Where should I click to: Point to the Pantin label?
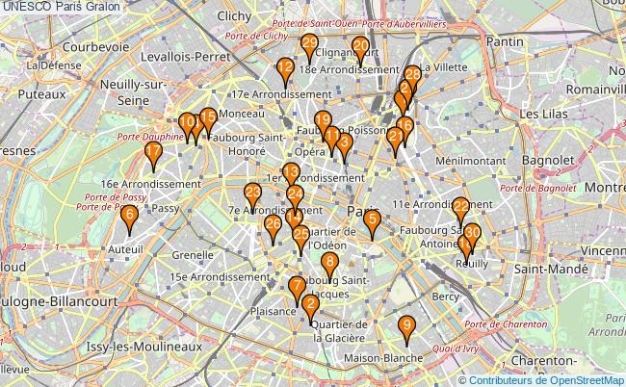pos(505,41)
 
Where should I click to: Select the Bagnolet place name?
pos(546,159)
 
